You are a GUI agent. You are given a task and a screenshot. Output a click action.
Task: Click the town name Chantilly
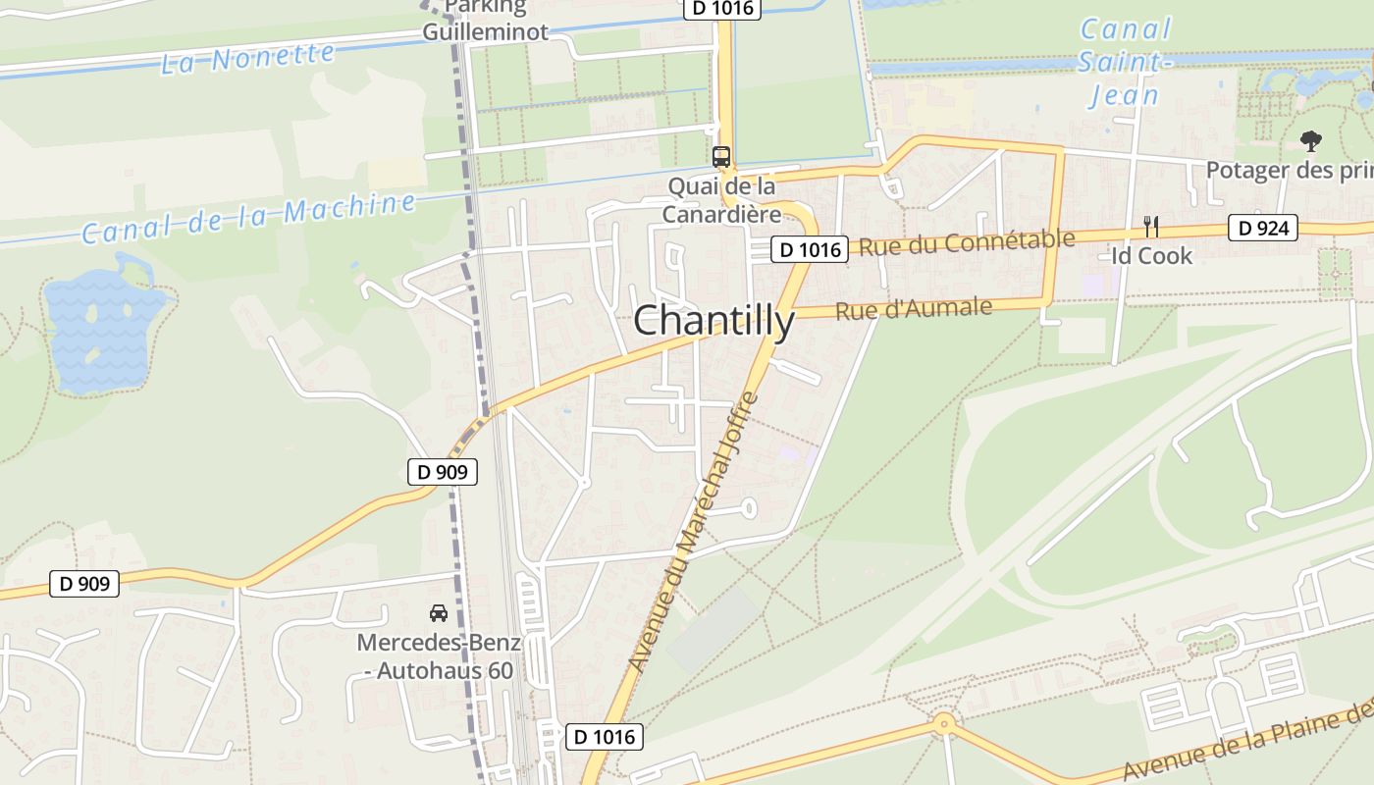coord(713,321)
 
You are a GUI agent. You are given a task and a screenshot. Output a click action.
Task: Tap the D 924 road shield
coord(1263,229)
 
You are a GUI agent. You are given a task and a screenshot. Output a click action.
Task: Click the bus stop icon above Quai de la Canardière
coord(720,157)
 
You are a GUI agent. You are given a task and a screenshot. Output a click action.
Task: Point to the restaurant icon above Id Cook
coord(1151,227)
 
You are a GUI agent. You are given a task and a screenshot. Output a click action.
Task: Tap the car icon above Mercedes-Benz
coord(439,613)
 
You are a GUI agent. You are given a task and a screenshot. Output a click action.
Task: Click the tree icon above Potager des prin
coord(1310,141)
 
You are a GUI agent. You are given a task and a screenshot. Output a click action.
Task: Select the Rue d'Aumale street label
coord(914,309)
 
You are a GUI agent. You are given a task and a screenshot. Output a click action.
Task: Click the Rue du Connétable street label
coord(967,241)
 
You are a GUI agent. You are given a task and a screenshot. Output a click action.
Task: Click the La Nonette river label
coord(247,57)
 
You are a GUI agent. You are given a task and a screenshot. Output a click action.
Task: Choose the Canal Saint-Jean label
coord(1125,62)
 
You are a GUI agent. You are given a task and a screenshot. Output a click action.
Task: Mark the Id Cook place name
coord(1151,256)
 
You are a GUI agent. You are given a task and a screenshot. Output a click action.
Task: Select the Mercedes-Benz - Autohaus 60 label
coord(439,657)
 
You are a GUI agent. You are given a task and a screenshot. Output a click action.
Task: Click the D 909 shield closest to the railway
coord(443,472)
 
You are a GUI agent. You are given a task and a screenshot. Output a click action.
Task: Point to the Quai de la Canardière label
coord(721,199)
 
